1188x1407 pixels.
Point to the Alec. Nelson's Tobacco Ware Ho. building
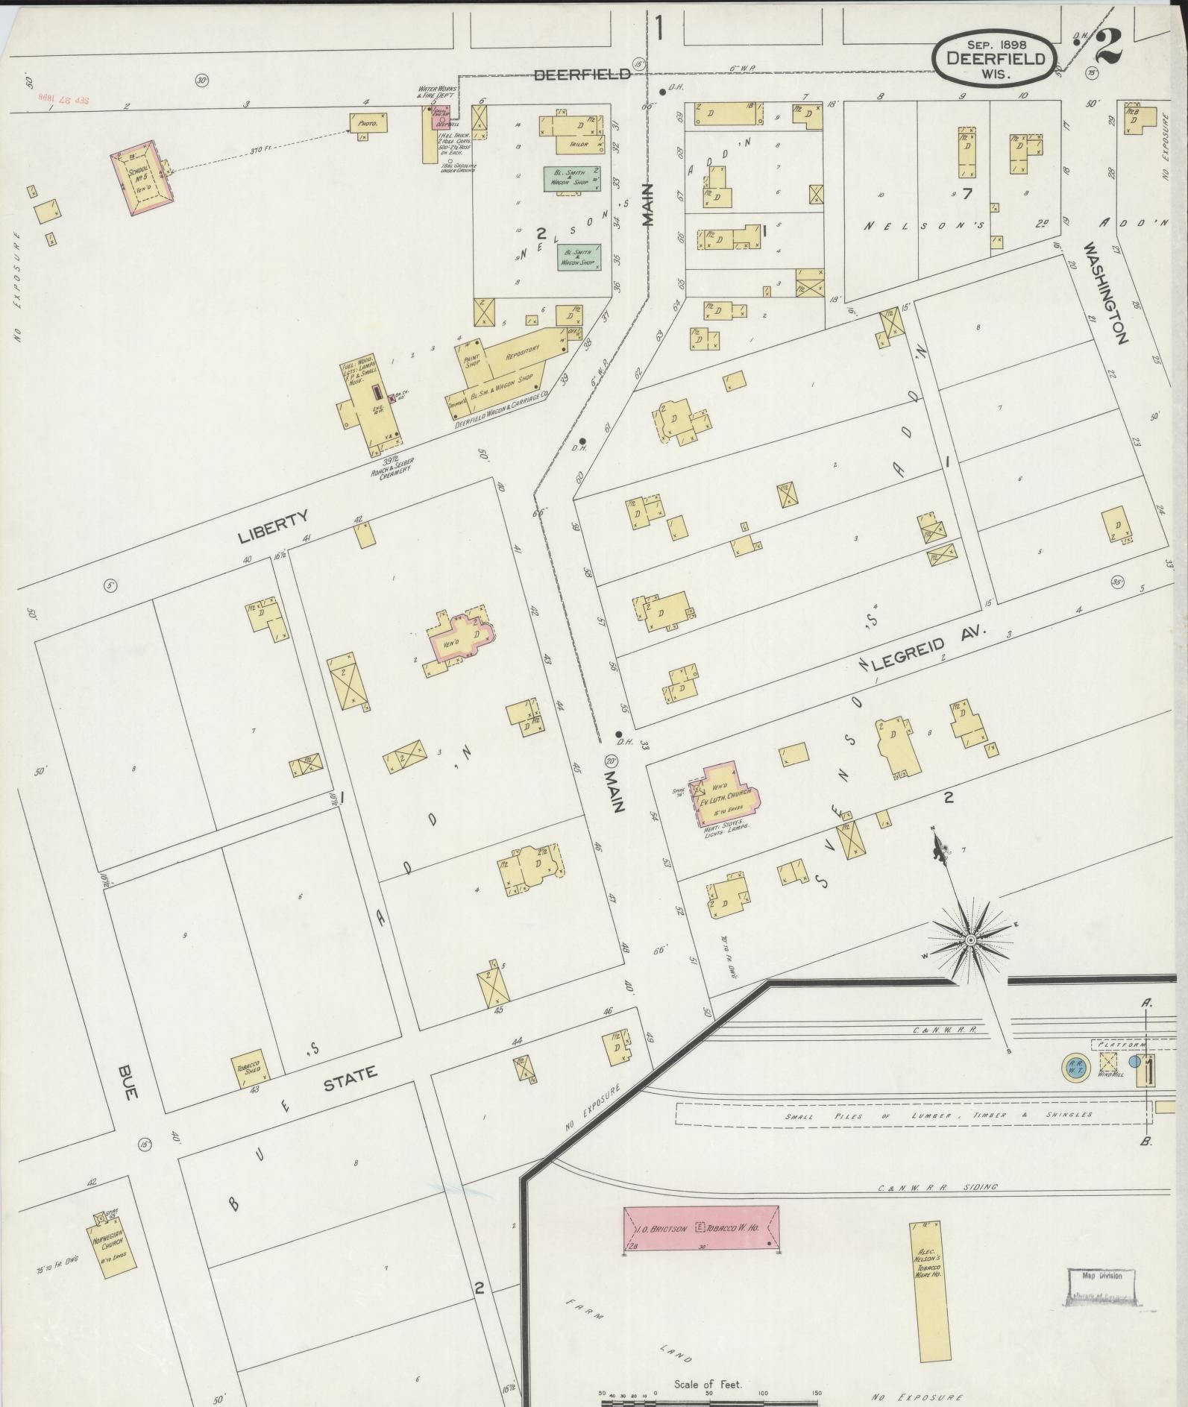(x=929, y=1279)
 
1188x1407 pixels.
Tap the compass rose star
(x=970, y=940)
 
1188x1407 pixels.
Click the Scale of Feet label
(x=707, y=1384)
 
